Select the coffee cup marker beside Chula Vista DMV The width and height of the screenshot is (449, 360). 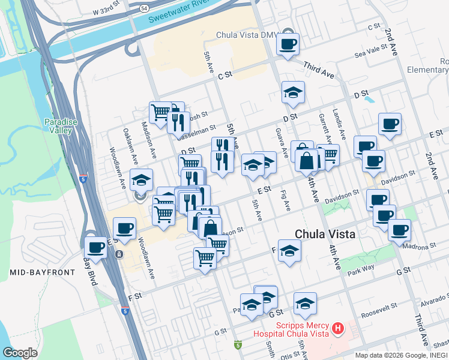[288, 44]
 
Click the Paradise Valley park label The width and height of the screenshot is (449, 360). [61, 126]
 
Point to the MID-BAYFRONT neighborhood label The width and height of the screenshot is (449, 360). [42, 272]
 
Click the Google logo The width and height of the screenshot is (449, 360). [20, 353]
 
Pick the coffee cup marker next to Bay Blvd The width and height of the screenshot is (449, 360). [96, 247]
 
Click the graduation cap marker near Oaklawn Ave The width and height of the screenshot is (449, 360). [142, 179]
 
